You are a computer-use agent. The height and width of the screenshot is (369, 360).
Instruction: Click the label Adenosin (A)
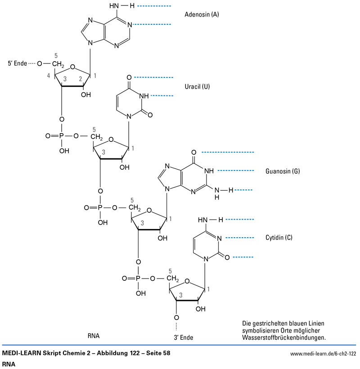(202, 14)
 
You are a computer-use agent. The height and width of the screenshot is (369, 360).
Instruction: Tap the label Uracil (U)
(197, 86)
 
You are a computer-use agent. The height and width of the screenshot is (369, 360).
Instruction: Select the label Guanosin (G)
(283, 171)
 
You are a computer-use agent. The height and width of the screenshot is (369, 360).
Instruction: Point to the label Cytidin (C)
(279, 237)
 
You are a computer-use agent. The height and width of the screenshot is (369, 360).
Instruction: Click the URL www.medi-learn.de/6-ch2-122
(323, 354)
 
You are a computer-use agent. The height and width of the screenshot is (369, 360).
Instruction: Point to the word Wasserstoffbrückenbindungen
(283, 337)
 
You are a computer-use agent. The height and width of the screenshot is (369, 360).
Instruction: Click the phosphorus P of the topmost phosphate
(62, 135)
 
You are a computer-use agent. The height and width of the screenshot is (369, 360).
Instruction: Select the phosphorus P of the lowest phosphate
(139, 279)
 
